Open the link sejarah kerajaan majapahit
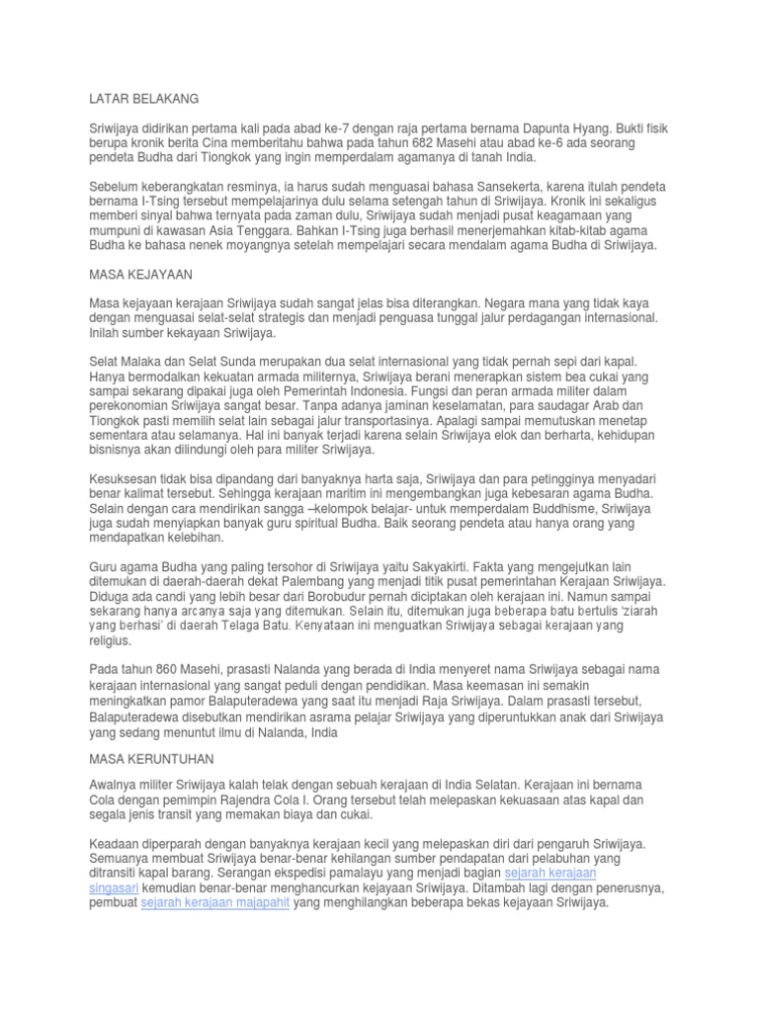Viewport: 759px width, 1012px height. (x=215, y=903)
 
